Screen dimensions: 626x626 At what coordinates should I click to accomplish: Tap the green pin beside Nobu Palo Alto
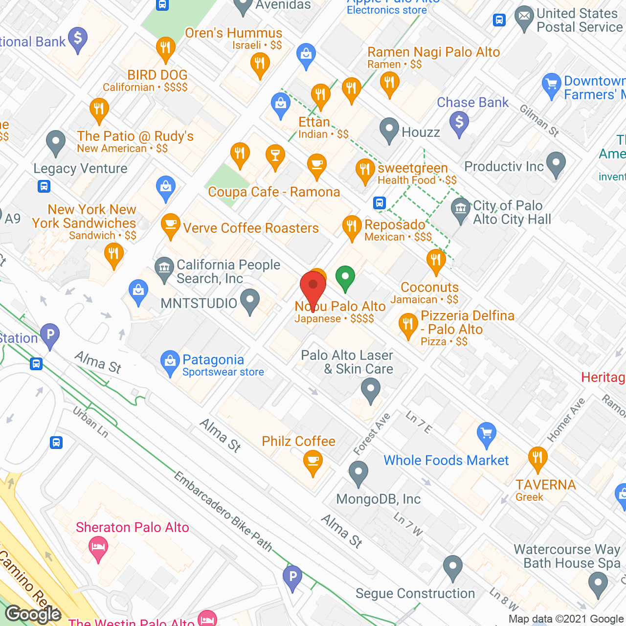(345, 277)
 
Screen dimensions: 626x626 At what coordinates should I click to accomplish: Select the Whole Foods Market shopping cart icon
(486, 434)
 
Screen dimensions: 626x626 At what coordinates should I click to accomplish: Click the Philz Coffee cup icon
(313, 462)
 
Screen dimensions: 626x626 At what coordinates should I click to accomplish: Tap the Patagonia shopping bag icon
(170, 362)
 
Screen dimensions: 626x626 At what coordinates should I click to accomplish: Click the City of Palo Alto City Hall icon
(460, 210)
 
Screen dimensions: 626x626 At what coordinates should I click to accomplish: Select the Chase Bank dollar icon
(459, 122)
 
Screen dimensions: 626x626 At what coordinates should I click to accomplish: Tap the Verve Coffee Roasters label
(250, 228)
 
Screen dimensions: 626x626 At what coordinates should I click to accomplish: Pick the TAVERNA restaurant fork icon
(537, 458)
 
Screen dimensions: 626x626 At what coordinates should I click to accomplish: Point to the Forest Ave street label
(372, 434)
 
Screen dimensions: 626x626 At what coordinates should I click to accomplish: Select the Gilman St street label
(539, 120)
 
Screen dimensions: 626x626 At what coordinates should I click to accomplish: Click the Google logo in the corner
(33, 614)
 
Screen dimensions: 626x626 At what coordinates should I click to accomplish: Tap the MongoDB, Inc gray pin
(358, 473)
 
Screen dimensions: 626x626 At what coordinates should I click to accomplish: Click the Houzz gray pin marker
(389, 130)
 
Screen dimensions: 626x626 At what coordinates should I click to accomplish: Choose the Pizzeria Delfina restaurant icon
(408, 325)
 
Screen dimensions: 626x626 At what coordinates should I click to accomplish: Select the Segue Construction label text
(415, 593)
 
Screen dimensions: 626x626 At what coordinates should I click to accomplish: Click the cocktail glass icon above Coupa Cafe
(275, 156)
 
